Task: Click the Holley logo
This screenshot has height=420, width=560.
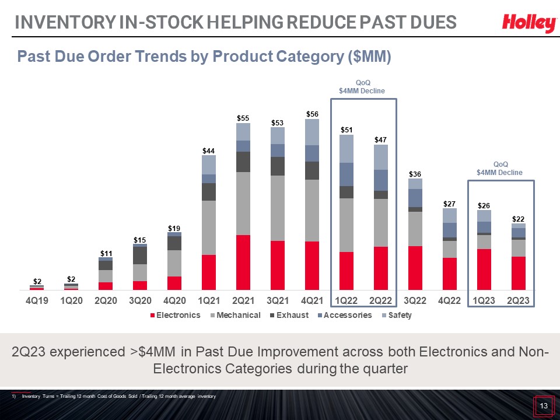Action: [529, 23]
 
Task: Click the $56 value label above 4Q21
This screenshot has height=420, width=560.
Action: [312, 114]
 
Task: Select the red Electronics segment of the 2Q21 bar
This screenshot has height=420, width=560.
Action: [243, 262]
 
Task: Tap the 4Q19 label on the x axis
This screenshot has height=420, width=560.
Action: [37, 301]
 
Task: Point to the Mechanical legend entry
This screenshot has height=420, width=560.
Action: [236, 315]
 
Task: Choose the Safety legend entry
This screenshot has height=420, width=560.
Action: [397, 315]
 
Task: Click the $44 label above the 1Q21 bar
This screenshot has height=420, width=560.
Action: [209, 150]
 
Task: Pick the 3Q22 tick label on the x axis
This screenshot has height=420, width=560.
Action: [415, 301]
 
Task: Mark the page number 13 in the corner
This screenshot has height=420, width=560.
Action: [544, 406]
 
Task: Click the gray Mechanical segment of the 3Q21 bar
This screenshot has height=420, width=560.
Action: [278, 208]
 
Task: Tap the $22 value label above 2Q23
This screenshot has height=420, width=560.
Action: [518, 219]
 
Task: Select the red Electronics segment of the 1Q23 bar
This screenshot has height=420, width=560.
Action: [484, 269]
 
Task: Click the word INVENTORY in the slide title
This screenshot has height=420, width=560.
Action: [65, 22]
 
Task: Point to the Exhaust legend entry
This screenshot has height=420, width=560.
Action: [289, 315]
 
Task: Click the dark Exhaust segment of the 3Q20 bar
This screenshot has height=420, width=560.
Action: [140, 256]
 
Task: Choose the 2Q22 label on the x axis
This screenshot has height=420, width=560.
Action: [381, 301]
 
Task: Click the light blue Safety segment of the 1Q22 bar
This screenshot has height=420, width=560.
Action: [346, 149]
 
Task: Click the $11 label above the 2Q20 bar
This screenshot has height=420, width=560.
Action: [106, 254]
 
